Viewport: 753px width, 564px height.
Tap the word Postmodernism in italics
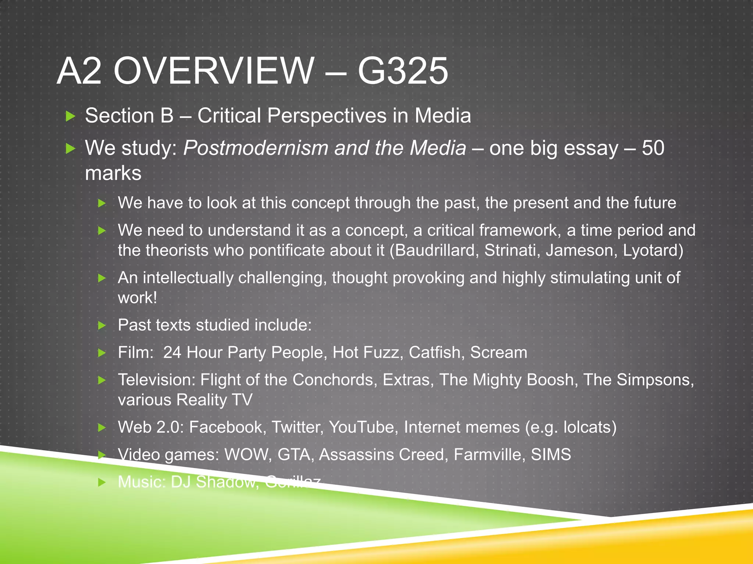click(256, 148)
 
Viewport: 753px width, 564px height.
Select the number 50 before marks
click(653, 148)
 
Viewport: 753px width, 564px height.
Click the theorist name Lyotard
click(653, 250)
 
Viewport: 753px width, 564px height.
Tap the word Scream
click(499, 352)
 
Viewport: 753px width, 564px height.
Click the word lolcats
click(589, 427)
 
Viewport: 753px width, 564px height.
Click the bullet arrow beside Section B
click(70, 116)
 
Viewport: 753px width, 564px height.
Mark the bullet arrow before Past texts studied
click(102, 325)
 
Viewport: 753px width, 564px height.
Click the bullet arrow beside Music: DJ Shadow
click(102, 482)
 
